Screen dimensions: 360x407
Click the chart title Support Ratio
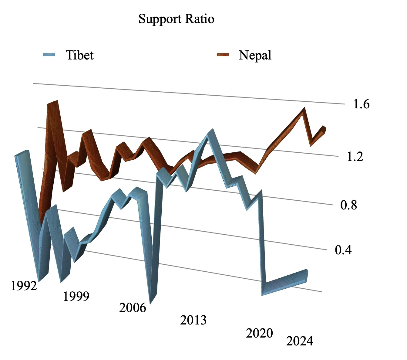pos(176,19)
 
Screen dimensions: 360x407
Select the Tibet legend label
pos(79,55)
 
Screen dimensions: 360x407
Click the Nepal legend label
pos(255,55)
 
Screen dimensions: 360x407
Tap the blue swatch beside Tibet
pos(49,55)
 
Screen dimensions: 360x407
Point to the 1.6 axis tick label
pos(361,104)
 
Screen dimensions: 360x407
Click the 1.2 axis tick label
pos(355,157)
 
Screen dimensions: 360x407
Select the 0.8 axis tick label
pos(348,205)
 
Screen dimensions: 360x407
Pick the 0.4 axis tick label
pos(343,250)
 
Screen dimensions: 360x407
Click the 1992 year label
pos(24,286)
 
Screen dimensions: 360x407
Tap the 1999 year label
pos(76,297)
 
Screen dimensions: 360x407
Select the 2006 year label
pos(133,308)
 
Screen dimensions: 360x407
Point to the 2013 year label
pos(193,320)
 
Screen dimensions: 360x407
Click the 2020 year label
pos(259,333)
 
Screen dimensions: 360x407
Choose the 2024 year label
pos(300,341)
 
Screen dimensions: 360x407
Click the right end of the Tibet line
pos(307,275)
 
